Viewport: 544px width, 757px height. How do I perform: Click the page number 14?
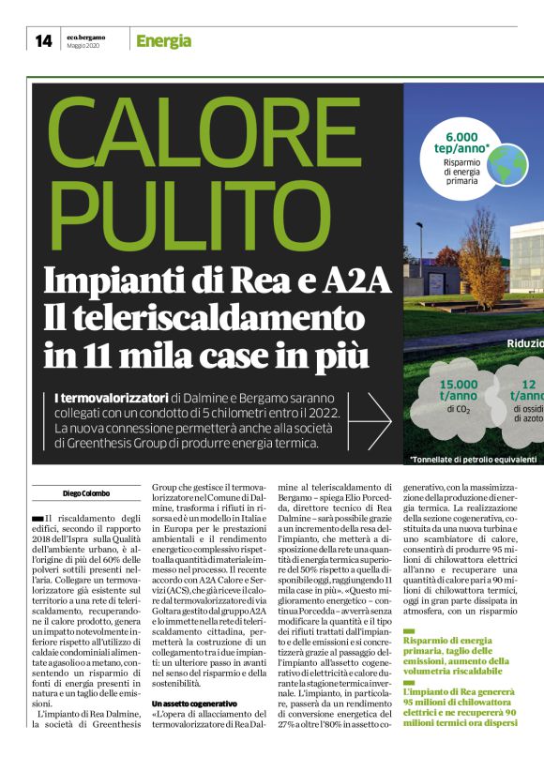pos(43,40)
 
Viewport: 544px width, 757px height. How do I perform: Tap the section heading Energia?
pos(163,40)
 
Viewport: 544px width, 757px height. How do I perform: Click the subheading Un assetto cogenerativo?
pos(194,703)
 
